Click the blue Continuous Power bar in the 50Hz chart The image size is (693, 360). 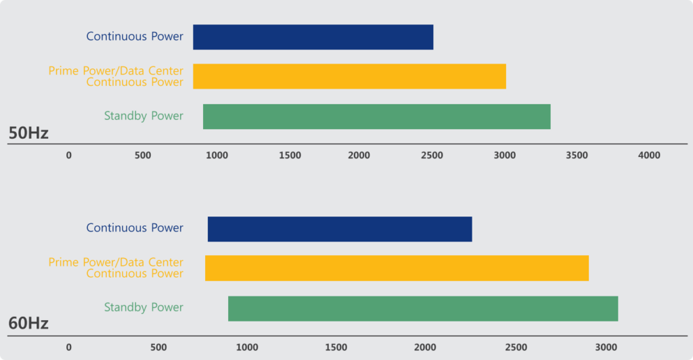click(x=313, y=37)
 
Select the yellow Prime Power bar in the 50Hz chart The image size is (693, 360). click(x=349, y=76)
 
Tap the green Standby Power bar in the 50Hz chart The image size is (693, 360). click(x=376, y=116)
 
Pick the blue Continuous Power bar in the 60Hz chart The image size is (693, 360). click(x=340, y=229)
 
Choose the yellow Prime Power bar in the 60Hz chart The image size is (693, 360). click(x=397, y=268)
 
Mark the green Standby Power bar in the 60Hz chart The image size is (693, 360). click(x=423, y=309)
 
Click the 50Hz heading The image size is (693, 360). click(x=28, y=133)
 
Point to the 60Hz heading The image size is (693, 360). click(x=28, y=323)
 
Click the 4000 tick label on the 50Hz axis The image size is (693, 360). click(x=649, y=156)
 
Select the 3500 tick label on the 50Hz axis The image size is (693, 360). click(x=577, y=156)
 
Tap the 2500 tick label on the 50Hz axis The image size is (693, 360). click(x=432, y=156)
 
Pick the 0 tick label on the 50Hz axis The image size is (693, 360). click(x=68, y=156)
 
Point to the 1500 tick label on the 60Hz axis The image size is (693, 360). click(x=336, y=348)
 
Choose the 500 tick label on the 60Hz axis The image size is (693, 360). click(x=158, y=348)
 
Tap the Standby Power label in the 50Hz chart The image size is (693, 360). click(x=143, y=116)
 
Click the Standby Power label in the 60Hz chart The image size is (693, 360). click(x=143, y=307)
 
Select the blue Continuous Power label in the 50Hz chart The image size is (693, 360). click(x=135, y=37)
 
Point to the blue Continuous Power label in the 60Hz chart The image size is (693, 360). click(x=135, y=228)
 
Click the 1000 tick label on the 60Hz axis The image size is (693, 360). click(x=247, y=348)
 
